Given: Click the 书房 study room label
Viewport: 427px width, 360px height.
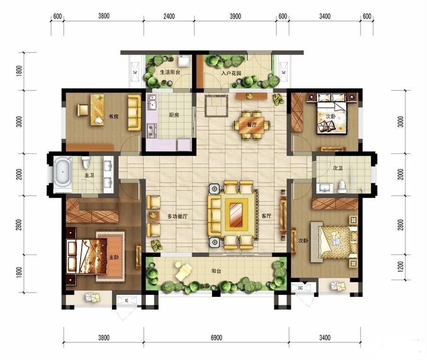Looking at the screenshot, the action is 113,117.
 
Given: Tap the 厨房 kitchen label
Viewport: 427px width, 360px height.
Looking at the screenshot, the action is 174,115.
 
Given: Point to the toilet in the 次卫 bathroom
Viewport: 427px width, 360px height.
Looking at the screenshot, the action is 342,186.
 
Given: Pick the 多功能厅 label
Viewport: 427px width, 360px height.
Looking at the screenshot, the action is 177,217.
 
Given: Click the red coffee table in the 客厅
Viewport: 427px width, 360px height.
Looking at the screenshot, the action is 236,214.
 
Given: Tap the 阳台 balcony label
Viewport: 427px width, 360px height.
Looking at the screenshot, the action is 216,271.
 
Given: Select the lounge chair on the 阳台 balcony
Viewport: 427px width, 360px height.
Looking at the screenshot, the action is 183,270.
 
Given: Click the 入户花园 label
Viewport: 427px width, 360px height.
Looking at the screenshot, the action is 231,73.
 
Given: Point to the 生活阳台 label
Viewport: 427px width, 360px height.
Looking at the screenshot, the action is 170,72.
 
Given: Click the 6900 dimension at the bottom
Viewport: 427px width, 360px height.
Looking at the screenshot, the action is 216,338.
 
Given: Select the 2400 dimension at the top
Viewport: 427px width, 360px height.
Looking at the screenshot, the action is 169,16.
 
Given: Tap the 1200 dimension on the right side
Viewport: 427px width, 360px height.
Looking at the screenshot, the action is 400,267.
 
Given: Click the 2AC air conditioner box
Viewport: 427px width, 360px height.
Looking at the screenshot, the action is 300,288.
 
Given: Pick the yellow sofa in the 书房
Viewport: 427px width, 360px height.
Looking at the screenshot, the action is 135,112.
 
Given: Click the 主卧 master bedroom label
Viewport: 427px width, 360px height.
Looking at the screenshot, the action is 114,257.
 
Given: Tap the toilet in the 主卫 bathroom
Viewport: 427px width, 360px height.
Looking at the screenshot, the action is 86,162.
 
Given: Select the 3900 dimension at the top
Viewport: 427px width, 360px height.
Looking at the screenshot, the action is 235,16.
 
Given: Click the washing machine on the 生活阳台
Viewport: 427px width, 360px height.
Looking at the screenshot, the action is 185,60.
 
